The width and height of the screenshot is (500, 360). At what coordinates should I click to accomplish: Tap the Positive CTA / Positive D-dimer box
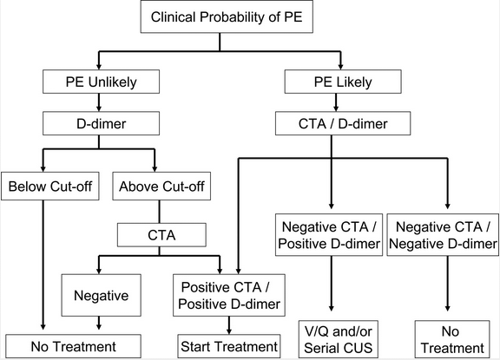229,294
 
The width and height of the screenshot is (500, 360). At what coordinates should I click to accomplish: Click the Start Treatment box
229,347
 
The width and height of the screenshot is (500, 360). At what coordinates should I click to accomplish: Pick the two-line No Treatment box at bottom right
447,338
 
